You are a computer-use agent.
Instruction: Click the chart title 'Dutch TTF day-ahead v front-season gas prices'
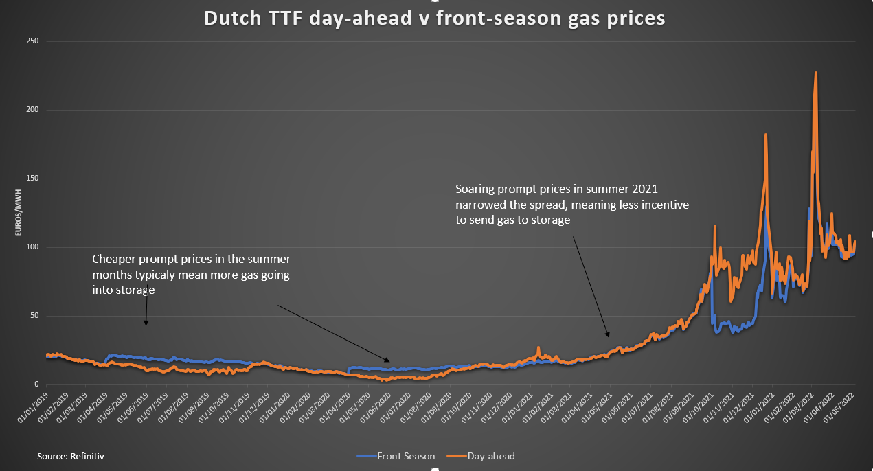(x=435, y=18)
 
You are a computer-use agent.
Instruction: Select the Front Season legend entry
(x=396, y=456)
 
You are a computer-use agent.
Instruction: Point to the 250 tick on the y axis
(x=32, y=42)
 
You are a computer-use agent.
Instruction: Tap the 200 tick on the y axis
(x=32, y=110)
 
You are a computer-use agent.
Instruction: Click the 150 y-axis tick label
(x=32, y=179)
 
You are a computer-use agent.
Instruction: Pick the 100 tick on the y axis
(x=32, y=247)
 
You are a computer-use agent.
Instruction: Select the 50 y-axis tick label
(x=33, y=316)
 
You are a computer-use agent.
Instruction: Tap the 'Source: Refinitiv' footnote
(x=71, y=455)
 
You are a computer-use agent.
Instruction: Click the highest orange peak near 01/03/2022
(x=815, y=73)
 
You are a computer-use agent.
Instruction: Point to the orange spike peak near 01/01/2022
(x=766, y=135)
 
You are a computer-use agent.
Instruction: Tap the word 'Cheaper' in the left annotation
(x=113, y=260)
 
